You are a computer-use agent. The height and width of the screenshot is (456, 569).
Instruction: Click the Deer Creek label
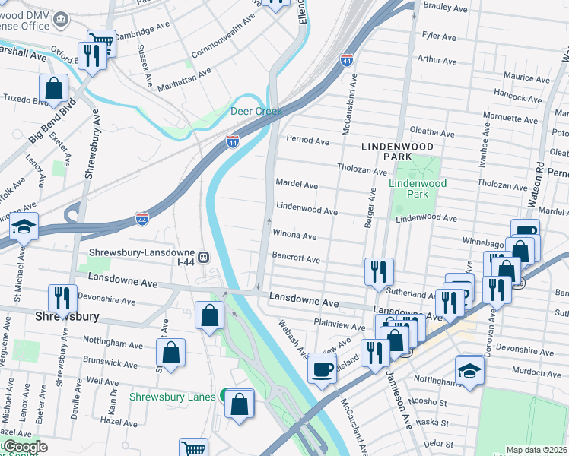[256, 111]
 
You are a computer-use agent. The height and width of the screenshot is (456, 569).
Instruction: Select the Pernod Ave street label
[307, 141]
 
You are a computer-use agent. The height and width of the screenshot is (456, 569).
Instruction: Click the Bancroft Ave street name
[296, 258]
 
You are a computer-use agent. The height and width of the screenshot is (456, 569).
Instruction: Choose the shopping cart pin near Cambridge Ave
[100, 41]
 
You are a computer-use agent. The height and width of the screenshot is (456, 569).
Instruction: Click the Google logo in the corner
[24, 447]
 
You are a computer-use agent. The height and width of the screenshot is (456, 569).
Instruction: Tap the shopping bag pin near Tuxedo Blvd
[55, 89]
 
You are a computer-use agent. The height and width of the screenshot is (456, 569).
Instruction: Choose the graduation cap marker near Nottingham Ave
[469, 371]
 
